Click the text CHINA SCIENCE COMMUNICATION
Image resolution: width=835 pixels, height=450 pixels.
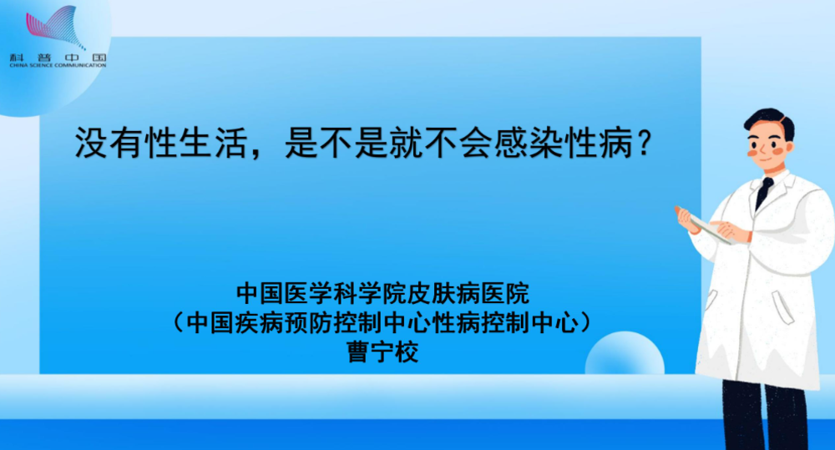pos(58,65)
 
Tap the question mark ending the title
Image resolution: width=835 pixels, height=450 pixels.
pos(645,143)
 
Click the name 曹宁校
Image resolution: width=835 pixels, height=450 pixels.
pos(382,352)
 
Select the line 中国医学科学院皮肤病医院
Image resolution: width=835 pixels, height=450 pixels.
pos(383,293)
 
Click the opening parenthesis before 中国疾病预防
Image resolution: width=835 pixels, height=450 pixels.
pos(179,323)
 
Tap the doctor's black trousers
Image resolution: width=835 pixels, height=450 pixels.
pos(765,415)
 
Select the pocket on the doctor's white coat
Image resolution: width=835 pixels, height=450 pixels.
pos(782,306)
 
